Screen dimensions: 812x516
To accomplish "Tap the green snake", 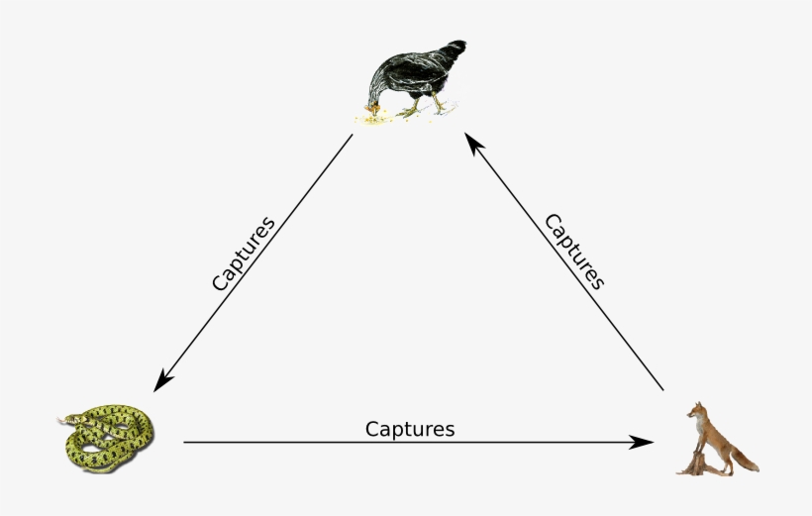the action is click(107, 437).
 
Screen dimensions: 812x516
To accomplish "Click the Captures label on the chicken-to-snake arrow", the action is click(243, 254).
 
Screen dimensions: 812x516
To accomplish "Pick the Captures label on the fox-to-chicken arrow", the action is click(574, 251).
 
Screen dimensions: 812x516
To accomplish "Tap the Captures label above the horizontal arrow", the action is click(410, 429).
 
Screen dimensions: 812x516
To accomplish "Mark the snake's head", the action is click(66, 420).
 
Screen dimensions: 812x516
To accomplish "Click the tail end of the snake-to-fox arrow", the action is click(186, 443).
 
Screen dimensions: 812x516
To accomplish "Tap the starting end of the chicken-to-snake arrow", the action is click(352, 136).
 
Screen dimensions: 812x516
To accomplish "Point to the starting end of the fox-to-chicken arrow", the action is click(661, 388).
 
